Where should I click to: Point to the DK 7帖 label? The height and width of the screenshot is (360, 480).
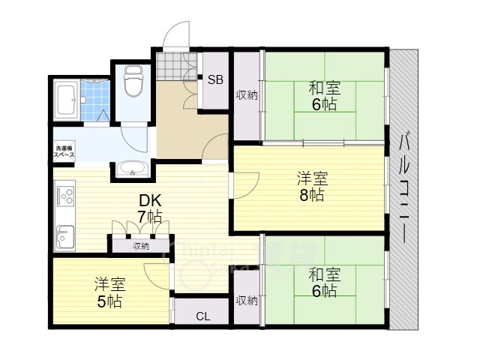[x=150, y=209]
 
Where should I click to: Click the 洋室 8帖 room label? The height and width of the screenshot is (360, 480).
[x=311, y=187]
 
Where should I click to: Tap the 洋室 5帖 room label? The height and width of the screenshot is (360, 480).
[x=109, y=293]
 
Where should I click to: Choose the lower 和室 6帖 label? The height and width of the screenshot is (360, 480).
[x=324, y=281]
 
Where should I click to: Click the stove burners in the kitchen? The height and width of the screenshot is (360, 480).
[x=64, y=197]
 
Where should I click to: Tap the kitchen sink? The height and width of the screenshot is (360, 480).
[x=63, y=237]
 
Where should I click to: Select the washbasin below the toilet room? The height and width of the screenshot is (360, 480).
[x=133, y=169]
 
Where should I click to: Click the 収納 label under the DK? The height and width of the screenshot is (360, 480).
[x=141, y=246]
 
